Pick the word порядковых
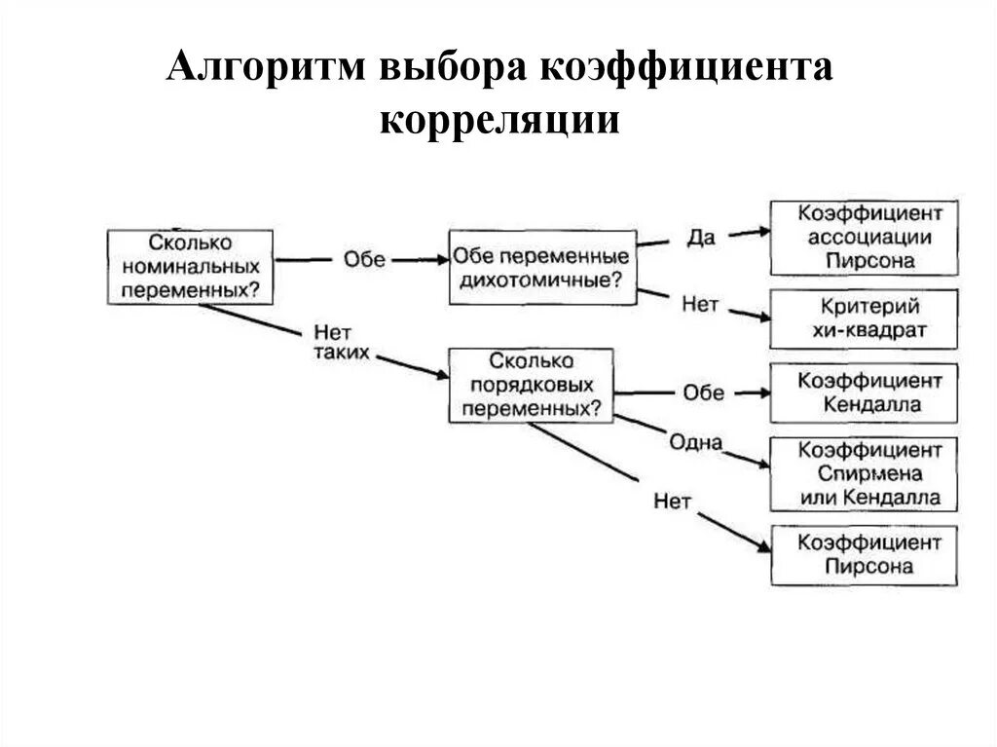pyautogui.click(x=531, y=385)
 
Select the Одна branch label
pyautogui.click(x=695, y=443)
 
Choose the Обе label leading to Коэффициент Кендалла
pyautogui.click(x=703, y=392)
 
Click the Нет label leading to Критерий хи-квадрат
pyautogui.click(x=700, y=305)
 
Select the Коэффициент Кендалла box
pyautogui.click(x=864, y=392)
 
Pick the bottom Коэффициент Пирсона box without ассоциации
pyautogui.click(x=864, y=555)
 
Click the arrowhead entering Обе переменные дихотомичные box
pyautogui.click(x=439, y=260)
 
